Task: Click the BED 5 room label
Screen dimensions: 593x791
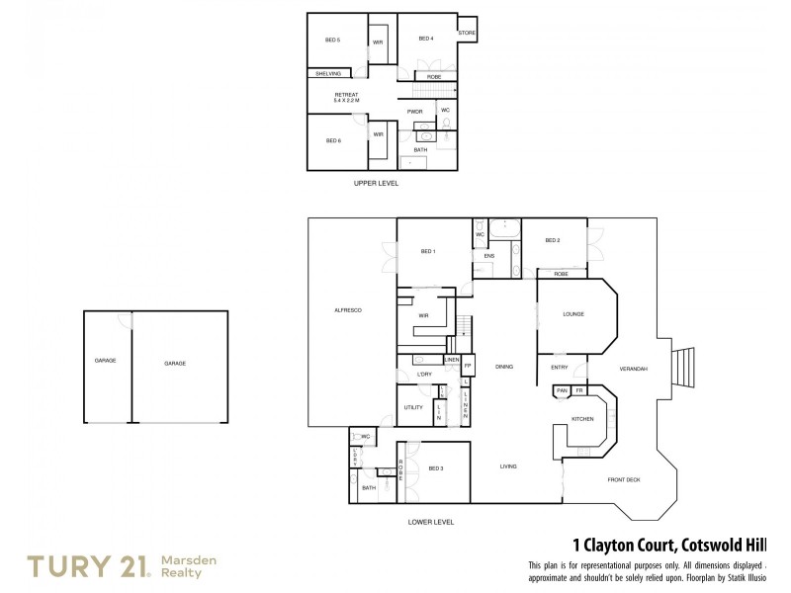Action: click(x=332, y=40)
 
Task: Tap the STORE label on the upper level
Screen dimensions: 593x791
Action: click(x=467, y=33)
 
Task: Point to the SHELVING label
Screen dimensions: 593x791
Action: click(x=328, y=74)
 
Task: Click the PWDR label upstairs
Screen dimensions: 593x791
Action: click(x=415, y=112)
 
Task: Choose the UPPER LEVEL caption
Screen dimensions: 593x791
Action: click(x=376, y=183)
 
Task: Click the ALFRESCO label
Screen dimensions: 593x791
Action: click(x=349, y=310)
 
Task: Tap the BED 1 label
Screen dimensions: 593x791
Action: click(x=428, y=251)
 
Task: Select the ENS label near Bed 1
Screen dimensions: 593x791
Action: click(x=488, y=255)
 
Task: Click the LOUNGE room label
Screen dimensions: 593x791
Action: click(x=573, y=314)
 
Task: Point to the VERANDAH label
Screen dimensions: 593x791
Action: click(x=633, y=369)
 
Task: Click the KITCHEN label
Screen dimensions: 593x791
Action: click(x=582, y=419)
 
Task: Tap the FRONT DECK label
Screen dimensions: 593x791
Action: click(x=624, y=480)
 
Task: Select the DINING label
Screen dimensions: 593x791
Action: click(x=504, y=367)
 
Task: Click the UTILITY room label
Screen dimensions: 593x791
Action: click(x=413, y=407)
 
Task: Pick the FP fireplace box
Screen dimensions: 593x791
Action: click(x=469, y=366)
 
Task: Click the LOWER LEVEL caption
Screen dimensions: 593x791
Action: click(x=430, y=521)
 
